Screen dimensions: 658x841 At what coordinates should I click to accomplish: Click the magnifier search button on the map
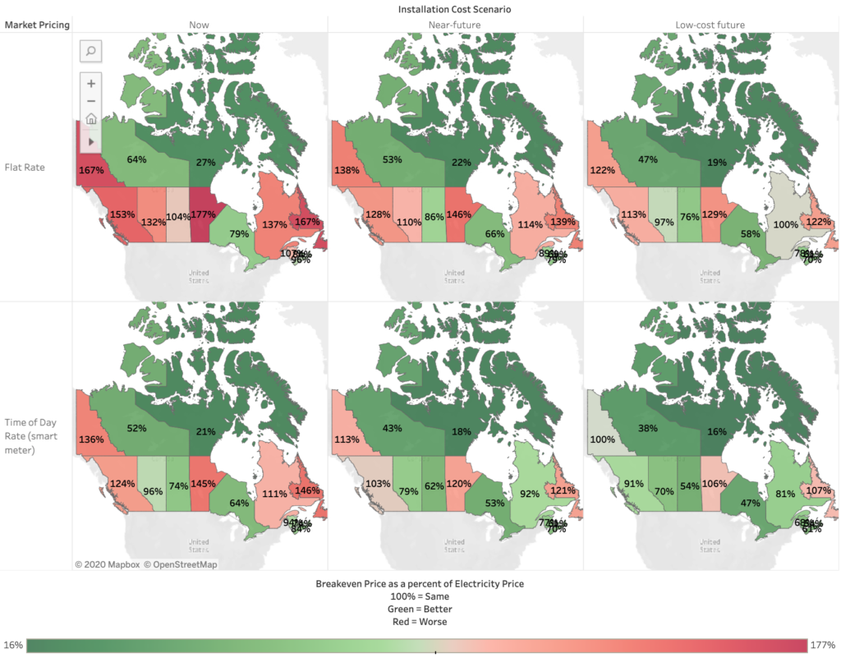pos(91,51)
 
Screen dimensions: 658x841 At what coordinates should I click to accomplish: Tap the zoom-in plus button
pos(91,83)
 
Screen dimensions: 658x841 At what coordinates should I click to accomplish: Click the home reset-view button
pos(91,118)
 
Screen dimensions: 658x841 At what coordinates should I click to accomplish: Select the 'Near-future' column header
pos(454,25)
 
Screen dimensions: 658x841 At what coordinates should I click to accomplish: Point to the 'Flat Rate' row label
pos(23,168)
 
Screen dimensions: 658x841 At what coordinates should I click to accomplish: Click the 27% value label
pos(204,162)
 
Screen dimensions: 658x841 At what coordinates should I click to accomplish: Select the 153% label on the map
pos(122,214)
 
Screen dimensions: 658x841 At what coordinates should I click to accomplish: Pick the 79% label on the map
pos(239,234)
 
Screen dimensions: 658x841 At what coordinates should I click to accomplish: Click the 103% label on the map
pos(379,484)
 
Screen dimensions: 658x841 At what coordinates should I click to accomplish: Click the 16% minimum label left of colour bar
pos(12,644)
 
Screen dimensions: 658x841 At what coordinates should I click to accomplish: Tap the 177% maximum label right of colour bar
pos(824,644)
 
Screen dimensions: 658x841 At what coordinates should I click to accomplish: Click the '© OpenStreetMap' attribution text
pos(181,564)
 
